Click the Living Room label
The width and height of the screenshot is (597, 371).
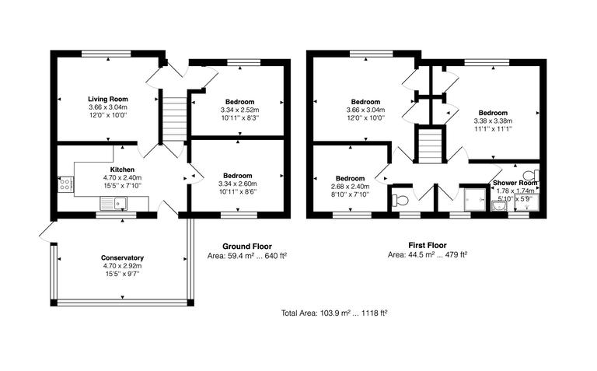coord(106,100)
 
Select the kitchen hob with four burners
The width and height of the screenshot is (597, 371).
coord(65,185)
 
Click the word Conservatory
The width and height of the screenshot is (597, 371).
coord(122,257)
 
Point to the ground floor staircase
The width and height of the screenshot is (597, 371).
coord(174,116)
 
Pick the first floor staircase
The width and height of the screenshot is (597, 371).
coord(430,146)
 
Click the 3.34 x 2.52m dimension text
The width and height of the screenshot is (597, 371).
coord(240,110)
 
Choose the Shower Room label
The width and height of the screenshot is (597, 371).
coord(515,183)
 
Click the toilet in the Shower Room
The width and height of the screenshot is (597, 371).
coord(532,173)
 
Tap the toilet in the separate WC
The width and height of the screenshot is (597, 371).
coord(401,200)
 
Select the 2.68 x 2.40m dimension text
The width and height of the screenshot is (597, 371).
coord(348,187)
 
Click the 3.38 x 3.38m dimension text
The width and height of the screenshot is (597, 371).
coord(494,121)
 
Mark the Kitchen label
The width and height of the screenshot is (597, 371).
coord(123,170)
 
